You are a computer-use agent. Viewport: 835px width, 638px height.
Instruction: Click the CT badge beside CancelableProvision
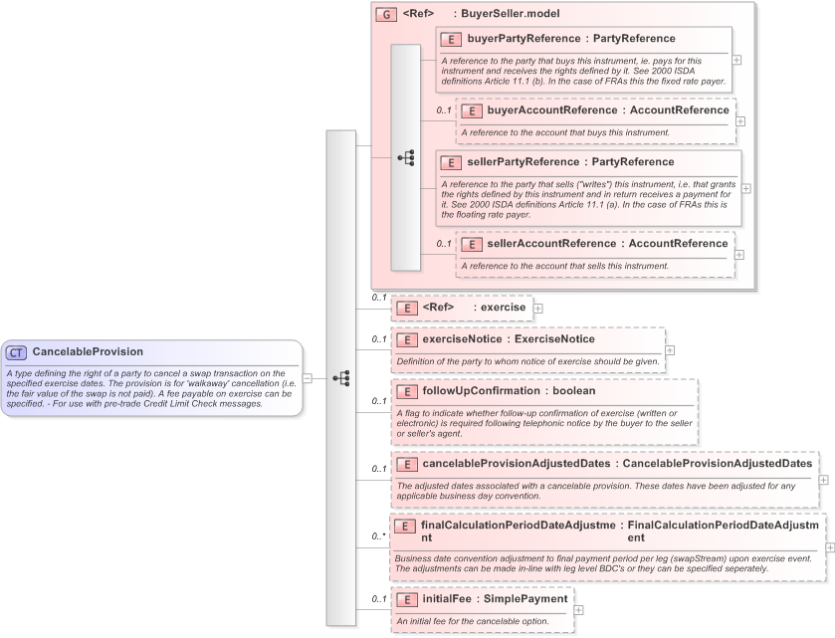[17, 352]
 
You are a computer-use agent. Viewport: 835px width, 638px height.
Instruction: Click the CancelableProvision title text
[88, 352]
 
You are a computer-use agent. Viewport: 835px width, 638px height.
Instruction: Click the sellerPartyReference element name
[523, 161]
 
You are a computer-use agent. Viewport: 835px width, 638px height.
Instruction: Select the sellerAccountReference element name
[551, 243]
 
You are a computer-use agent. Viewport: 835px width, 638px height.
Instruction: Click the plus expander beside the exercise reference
[538, 308]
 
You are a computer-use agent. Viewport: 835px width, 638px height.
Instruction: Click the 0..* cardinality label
[377, 537]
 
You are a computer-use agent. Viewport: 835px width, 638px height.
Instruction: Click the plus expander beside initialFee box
[578, 609]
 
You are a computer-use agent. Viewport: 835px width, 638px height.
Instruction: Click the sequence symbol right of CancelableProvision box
[341, 378]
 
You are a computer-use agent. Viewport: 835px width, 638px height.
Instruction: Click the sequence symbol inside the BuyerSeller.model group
[405, 157]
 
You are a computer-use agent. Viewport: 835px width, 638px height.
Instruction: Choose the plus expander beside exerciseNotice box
[670, 350]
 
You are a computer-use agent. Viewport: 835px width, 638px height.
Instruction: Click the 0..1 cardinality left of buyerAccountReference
[443, 110]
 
